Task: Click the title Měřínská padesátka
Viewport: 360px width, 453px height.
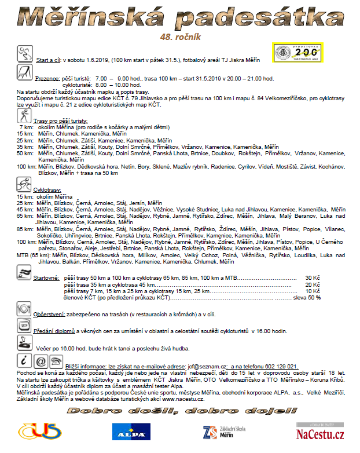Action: click(x=179, y=17)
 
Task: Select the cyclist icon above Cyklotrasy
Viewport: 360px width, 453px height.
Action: click(x=25, y=185)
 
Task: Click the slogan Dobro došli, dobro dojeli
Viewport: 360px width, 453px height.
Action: click(x=178, y=411)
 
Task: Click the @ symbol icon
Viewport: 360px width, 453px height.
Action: click(x=41, y=361)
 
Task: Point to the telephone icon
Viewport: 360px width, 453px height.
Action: click(x=56, y=361)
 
